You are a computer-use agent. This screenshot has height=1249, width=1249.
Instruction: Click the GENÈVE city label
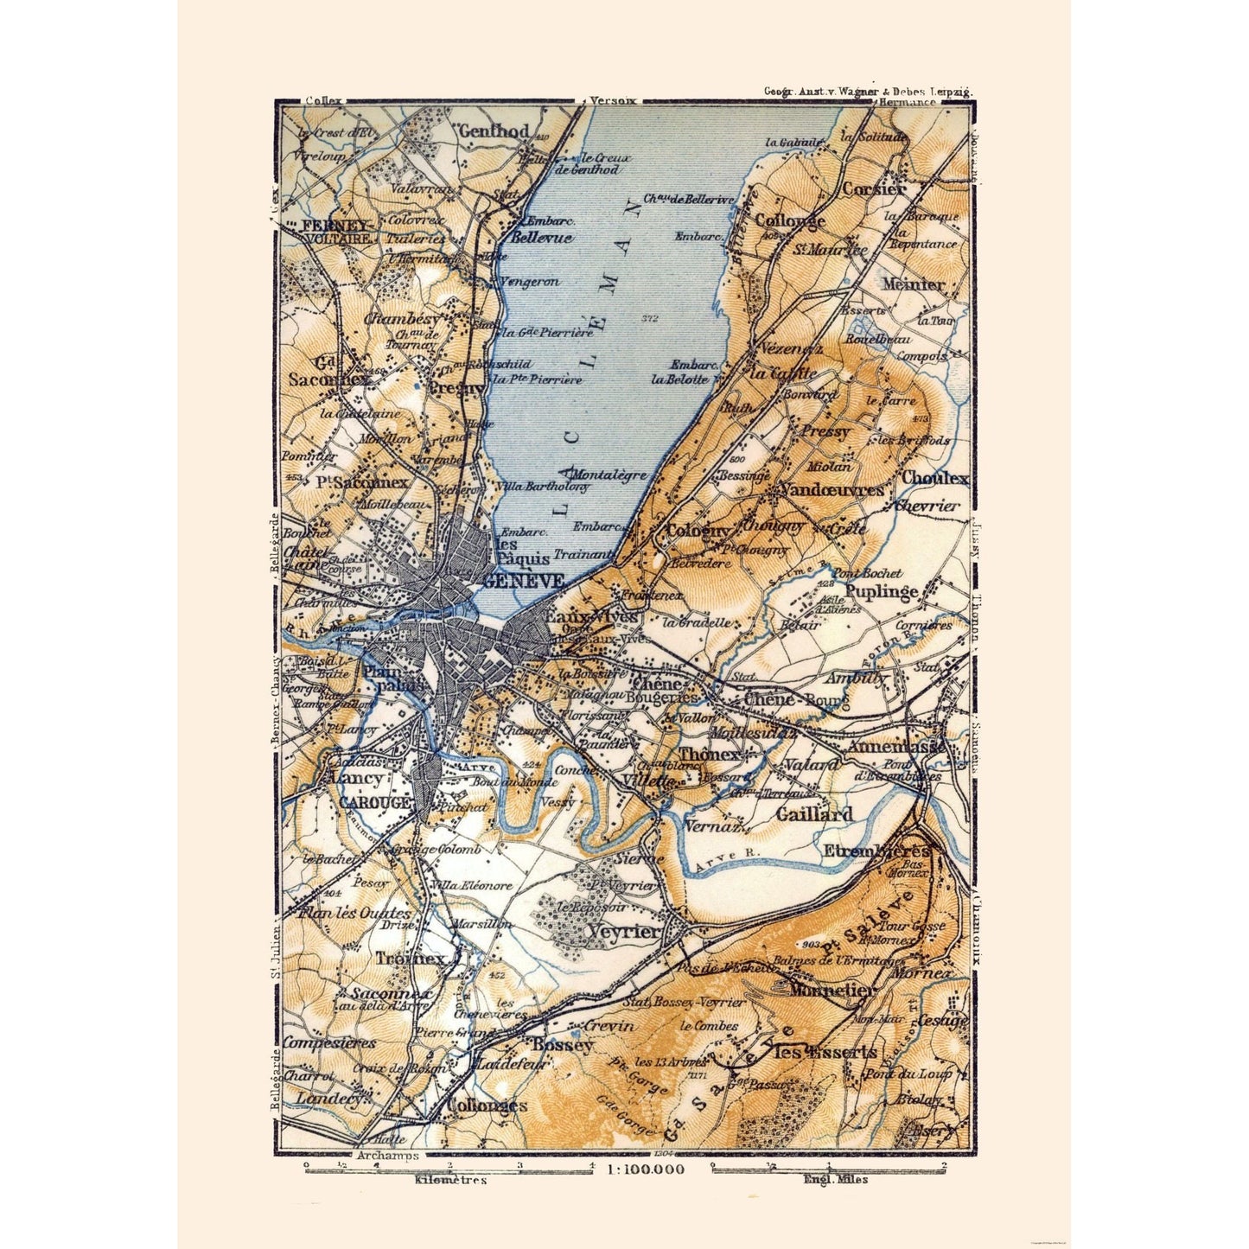(x=524, y=580)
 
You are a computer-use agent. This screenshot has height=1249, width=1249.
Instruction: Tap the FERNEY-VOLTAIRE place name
(x=337, y=231)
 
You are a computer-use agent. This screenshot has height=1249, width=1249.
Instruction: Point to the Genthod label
(x=494, y=132)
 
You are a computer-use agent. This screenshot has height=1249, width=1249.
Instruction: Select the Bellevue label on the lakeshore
(x=542, y=238)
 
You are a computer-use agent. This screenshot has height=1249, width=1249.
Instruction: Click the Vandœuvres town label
(x=832, y=490)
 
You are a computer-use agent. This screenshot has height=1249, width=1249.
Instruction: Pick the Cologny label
(x=698, y=531)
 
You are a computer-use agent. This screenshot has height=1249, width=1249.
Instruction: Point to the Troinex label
(x=410, y=959)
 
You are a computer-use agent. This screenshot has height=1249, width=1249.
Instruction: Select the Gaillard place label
(x=813, y=813)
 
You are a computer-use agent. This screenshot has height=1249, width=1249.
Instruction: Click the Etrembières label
(x=877, y=851)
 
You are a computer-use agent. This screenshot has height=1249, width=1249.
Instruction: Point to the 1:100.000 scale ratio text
(x=646, y=1169)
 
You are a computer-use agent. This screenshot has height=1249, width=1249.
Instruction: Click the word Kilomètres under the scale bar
(x=451, y=1179)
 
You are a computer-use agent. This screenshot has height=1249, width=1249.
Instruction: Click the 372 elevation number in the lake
(x=650, y=319)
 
